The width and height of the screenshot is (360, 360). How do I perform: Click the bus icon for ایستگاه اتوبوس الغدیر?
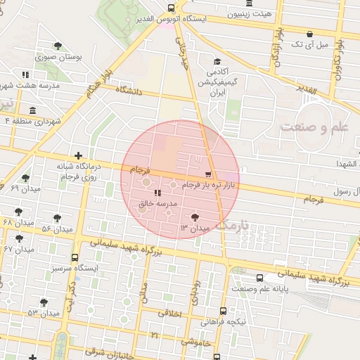tap(171, 8)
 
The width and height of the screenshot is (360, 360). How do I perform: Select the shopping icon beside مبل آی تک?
tap(309, 34)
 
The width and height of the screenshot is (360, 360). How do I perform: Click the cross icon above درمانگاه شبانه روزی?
tap(78, 155)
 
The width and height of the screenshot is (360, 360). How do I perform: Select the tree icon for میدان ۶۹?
tap(26, 178)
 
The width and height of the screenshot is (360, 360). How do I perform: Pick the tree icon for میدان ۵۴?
tap(57, 218)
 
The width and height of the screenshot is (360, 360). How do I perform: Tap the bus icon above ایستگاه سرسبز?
tap(75, 257)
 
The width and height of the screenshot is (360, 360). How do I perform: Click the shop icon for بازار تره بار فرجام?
tap(207, 174)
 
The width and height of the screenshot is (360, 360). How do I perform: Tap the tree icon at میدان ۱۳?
tap(195, 218)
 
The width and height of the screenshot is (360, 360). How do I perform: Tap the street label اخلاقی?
tap(167, 313)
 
